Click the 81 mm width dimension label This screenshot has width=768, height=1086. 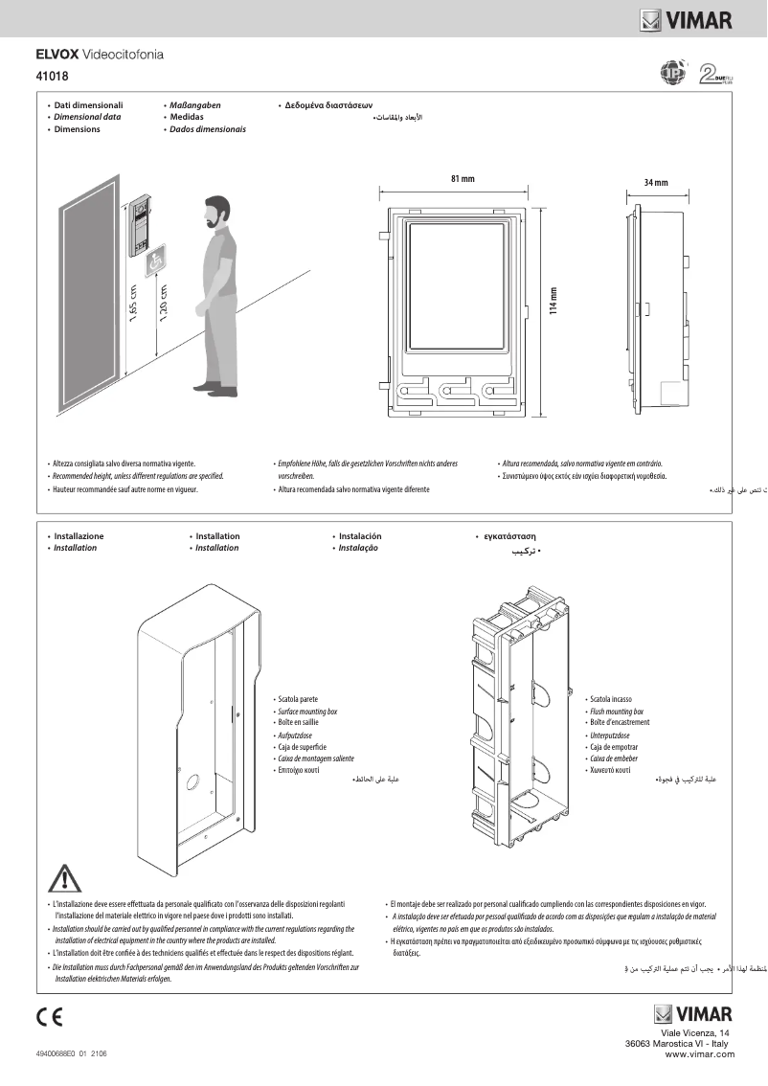tap(462, 179)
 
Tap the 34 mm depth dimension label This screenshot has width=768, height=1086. tap(656, 182)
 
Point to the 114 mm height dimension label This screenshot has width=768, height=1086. tap(553, 305)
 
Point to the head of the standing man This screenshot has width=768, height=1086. tap(217, 212)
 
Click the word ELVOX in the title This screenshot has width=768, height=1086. tap(57, 55)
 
